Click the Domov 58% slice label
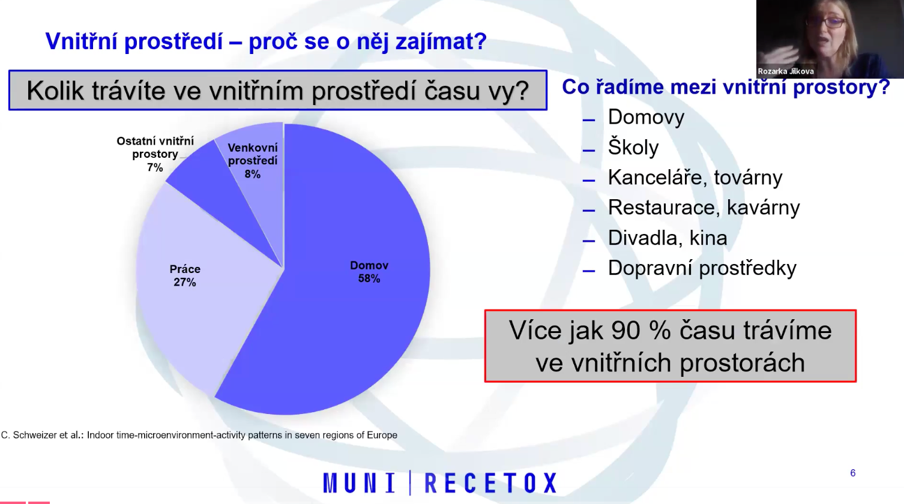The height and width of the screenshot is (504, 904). point(369,272)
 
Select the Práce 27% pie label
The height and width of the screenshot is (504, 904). point(185,275)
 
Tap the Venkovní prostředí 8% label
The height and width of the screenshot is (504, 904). point(253,161)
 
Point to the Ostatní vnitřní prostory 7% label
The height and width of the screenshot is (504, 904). point(155,154)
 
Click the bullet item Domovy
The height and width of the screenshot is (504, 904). point(646,117)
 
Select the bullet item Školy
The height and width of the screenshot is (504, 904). point(633,147)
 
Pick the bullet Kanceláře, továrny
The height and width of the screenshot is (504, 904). point(695,178)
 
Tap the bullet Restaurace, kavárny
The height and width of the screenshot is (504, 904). point(704,208)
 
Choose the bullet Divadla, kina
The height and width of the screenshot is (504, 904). point(667,238)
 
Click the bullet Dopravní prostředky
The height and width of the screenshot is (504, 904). point(702,268)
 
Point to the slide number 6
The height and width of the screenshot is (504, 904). point(853,473)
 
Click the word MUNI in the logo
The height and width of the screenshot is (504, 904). point(359,482)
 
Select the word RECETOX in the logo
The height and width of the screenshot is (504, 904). point(491,482)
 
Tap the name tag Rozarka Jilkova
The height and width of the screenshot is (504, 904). point(785,71)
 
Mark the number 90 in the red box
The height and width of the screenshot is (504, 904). point(625,331)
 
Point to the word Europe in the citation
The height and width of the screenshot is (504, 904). point(382,436)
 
